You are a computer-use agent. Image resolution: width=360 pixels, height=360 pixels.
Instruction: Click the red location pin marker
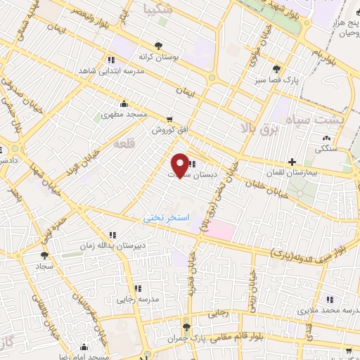click(x=180, y=165)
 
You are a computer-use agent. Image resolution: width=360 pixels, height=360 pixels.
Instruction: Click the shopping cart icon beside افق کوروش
click(x=169, y=119)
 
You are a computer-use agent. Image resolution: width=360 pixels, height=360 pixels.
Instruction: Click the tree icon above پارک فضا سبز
click(x=277, y=69)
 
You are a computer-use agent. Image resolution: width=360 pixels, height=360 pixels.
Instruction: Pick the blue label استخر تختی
click(x=166, y=218)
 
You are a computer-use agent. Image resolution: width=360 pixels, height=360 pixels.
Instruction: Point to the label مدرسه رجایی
click(x=131, y=300)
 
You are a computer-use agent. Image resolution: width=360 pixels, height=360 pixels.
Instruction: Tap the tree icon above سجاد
click(x=44, y=255)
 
